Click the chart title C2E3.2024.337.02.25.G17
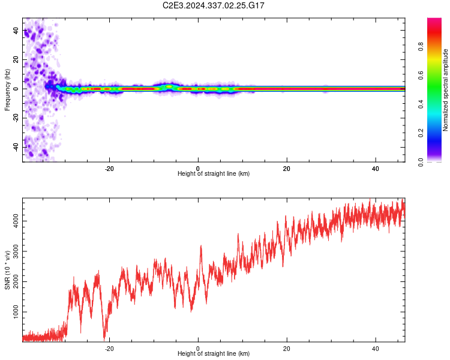click(x=213, y=5)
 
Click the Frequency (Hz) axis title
click(x=7, y=89)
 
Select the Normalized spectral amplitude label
click(x=445, y=90)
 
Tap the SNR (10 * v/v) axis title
click(x=7, y=270)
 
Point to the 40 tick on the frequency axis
click(x=16, y=30)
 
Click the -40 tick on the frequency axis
click(x=16, y=147)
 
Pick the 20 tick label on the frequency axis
click(x=16, y=59)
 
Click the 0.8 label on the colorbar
click(x=421, y=47)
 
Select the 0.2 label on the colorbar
click(x=421, y=133)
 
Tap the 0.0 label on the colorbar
click(x=421, y=162)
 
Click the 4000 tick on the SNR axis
click(x=16, y=221)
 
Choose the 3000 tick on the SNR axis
click(x=16, y=251)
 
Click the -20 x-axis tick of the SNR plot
click(x=109, y=349)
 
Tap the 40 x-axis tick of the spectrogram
click(x=376, y=169)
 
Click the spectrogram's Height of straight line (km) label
click(x=214, y=173)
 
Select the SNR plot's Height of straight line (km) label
click(x=214, y=353)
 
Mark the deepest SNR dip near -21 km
click(x=104, y=339)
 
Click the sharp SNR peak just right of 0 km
click(x=201, y=246)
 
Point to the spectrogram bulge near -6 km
click(x=169, y=86)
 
